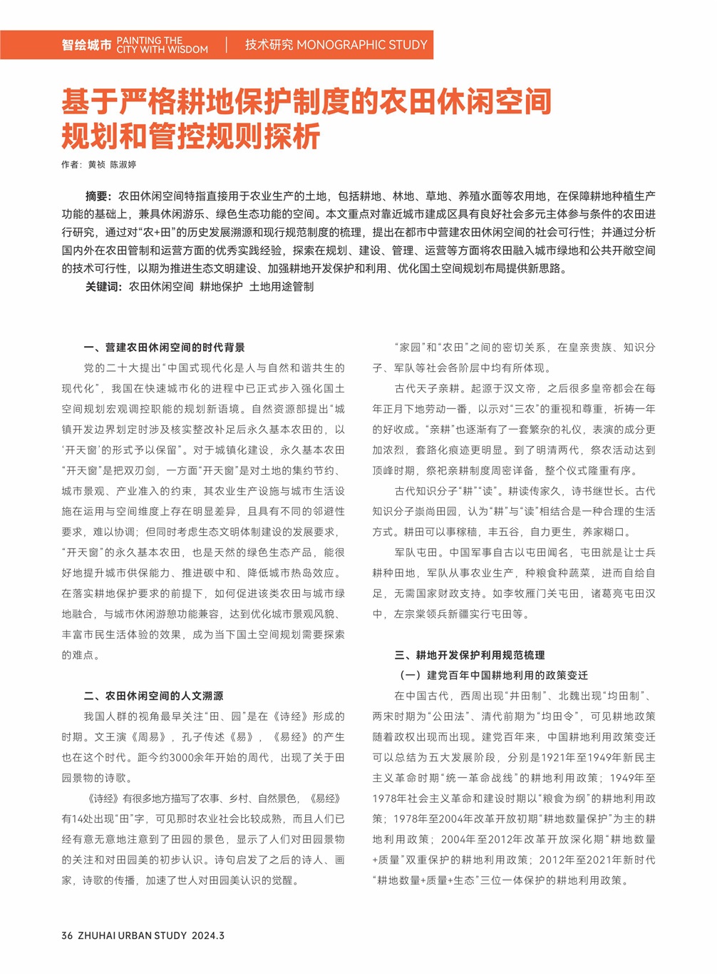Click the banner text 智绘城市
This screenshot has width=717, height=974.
click(86, 45)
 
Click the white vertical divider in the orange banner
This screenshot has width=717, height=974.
click(227, 45)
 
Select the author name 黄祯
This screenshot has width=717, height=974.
click(96, 165)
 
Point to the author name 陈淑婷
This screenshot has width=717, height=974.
click(123, 165)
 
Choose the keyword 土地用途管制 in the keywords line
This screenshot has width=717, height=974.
click(282, 287)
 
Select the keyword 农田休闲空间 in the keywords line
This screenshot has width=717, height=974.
click(161, 287)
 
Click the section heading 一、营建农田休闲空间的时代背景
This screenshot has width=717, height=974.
click(165, 348)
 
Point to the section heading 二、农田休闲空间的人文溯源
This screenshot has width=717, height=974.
click(153, 696)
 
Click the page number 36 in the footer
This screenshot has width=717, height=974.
click(67, 935)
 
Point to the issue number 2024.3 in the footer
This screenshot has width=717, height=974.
click(207, 935)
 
